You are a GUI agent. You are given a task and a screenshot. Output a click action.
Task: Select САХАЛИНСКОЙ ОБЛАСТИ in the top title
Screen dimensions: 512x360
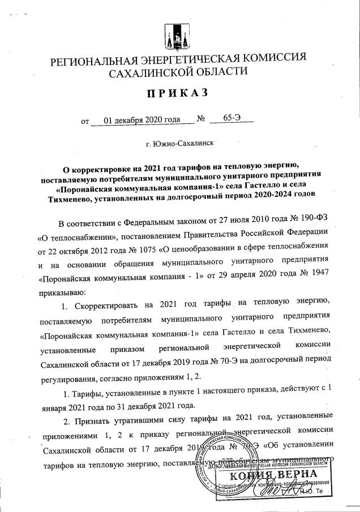click(178, 72)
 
